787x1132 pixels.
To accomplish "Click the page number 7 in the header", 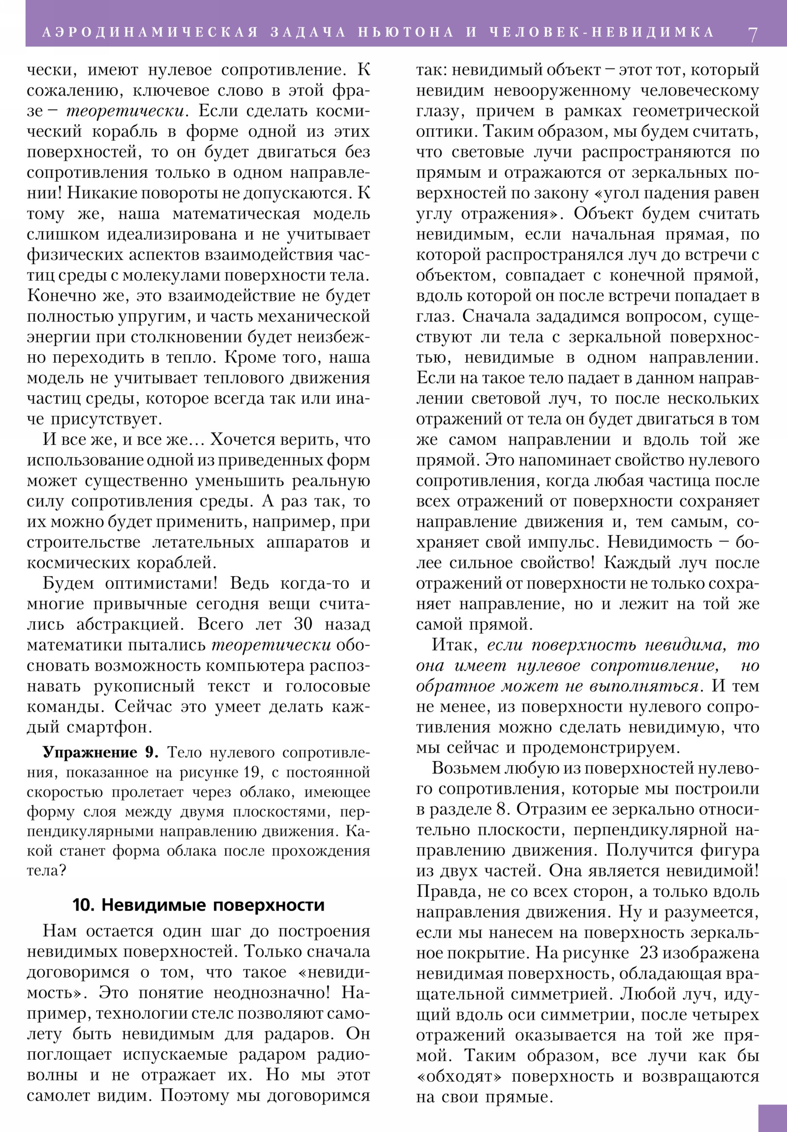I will (753, 34).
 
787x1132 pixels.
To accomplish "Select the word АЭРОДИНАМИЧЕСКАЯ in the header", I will (151, 32).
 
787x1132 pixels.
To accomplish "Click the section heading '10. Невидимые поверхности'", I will (199, 905).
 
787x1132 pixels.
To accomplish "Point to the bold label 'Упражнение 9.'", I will (100, 753).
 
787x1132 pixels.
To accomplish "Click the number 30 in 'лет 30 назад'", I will (303, 624).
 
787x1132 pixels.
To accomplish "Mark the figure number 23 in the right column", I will (648, 952).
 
